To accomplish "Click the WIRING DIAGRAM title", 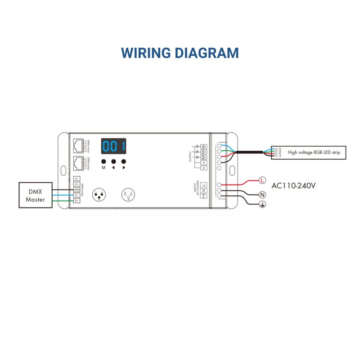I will tap(180, 53).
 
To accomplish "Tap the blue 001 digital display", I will tap(113, 146).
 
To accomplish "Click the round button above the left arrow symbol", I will tap(113, 161).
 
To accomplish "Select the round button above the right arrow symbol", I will tap(124, 161).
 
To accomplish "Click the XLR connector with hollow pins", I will tap(127, 195).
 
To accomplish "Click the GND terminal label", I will tap(76, 189).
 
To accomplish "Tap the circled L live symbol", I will tap(262, 180).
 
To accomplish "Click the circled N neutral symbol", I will tap(262, 195).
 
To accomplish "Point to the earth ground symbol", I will tap(262, 205).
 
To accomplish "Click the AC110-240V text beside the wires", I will tap(293, 185).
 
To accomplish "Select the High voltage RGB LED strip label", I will tap(314, 153).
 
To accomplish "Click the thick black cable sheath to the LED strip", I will tap(252, 153).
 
